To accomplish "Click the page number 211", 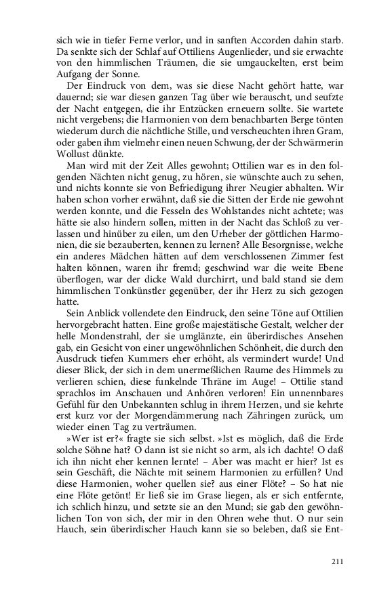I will pos(336,561).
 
